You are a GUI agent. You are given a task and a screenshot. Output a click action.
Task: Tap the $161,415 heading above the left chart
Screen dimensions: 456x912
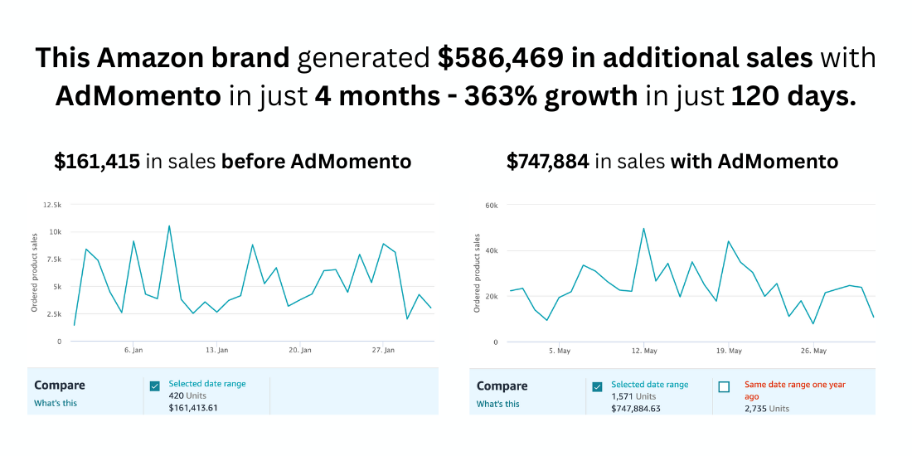(x=97, y=162)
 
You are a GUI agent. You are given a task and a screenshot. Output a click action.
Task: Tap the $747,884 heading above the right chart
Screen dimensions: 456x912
(x=548, y=162)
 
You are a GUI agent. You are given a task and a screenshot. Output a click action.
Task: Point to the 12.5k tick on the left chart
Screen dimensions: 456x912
(x=51, y=205)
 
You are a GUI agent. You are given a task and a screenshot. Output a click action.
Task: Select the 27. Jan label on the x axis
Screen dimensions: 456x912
(x=382, y=351)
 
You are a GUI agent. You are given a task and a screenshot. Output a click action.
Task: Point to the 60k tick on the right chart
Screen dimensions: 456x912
(x=491, y=205)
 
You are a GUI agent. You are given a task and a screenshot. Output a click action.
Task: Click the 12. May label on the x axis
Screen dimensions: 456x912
(x=644, y=351)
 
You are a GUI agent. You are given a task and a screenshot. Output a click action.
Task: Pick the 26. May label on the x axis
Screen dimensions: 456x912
(x=814, y=351)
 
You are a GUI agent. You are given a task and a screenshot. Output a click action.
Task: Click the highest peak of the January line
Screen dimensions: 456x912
(x=169, y=226)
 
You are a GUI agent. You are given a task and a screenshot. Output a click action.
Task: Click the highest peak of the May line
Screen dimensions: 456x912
(x=643, y=228)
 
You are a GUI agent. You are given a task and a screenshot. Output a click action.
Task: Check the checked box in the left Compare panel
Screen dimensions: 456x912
(x=154, y=386)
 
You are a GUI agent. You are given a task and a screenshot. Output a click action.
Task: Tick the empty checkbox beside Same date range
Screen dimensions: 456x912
(x=724, y=387)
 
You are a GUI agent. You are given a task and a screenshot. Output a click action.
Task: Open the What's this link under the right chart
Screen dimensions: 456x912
(x=498, y=404)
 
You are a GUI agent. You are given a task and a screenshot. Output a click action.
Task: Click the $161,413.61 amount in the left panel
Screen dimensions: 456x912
(x=193, y=408)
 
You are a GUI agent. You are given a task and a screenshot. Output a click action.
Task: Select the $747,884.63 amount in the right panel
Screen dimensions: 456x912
(x=636, y=408)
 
